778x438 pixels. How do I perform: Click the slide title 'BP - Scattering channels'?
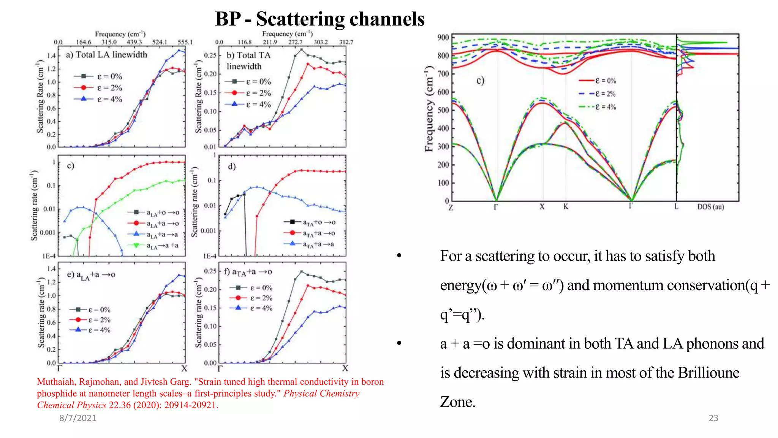click(x=319, y=19)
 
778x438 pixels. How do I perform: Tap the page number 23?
click(x=713, y=418)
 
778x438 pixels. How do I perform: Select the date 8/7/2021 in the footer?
click(x=78, y=418)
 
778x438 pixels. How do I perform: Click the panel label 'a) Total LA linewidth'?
click(x=106, y=55)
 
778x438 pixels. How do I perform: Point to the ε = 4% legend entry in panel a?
click(x=99, y=99)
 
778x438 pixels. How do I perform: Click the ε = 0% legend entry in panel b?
click(x=248, y=82)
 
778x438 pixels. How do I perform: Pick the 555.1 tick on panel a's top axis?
click(x=185, y=42)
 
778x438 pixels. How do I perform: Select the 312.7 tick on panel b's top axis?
click(x=346, y=42)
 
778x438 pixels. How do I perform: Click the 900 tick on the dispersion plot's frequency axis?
click(x=443, y=38)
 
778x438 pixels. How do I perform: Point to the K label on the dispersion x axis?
click(x=566, y=207)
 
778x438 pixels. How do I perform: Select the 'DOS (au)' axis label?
click(x=710, y=207)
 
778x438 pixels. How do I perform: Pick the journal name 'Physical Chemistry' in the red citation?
click(x=321, y=394)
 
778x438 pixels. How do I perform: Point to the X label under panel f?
click(x=345, y=368)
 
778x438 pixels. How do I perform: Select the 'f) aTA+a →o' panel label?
click(x=248, y=272)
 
